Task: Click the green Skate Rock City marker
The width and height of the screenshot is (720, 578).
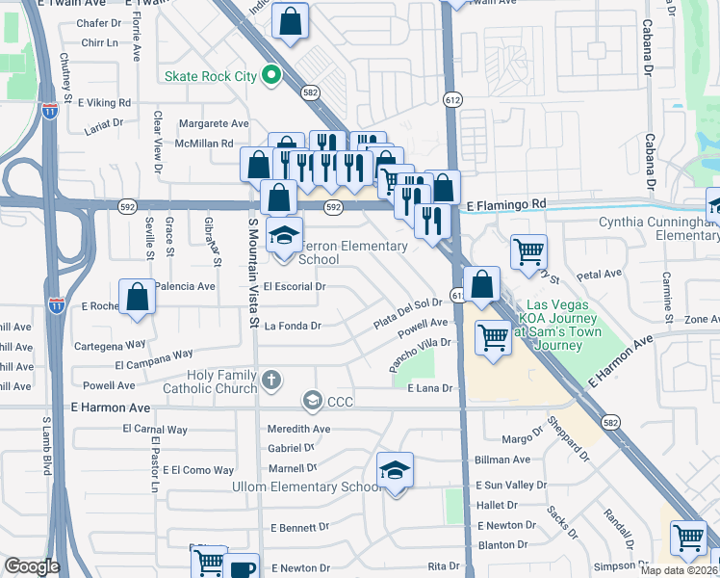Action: click(x=271, y=74)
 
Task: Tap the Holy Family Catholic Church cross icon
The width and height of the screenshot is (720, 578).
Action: click(x=272, y=381)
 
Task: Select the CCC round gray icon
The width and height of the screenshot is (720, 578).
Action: click(x=312, y=399)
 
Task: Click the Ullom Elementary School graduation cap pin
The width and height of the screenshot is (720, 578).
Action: click(x=395, y=471)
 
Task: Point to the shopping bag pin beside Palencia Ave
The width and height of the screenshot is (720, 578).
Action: click(x=138, y=298)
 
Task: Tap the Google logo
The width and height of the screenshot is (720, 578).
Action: click(x=32, y=566)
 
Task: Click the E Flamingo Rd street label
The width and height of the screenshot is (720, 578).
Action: click(x=505, y=205)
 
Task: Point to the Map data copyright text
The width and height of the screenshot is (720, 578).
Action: click(x=680, y=570)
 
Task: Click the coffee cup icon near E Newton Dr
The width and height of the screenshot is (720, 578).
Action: click(x=244, y=567)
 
